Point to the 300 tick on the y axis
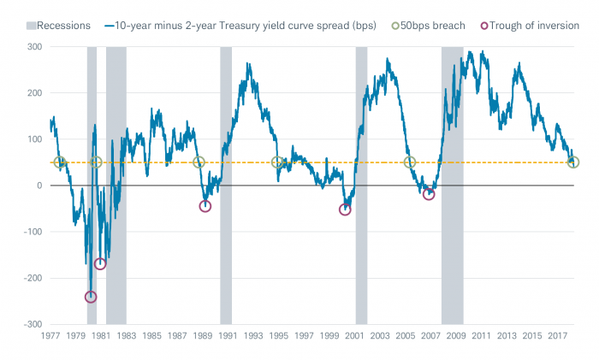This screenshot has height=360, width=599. (33, 46)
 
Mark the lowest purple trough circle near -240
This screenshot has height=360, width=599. (91, 297)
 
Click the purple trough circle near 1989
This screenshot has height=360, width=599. (205, 206)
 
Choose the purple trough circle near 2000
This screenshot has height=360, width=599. (345, 209)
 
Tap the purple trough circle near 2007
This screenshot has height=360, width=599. (429, 194)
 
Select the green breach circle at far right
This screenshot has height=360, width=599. (573, 162)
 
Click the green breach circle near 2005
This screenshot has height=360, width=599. (410, 162)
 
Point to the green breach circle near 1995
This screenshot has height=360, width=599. (277, 162)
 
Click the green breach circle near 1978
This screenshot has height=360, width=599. (60, 162)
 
